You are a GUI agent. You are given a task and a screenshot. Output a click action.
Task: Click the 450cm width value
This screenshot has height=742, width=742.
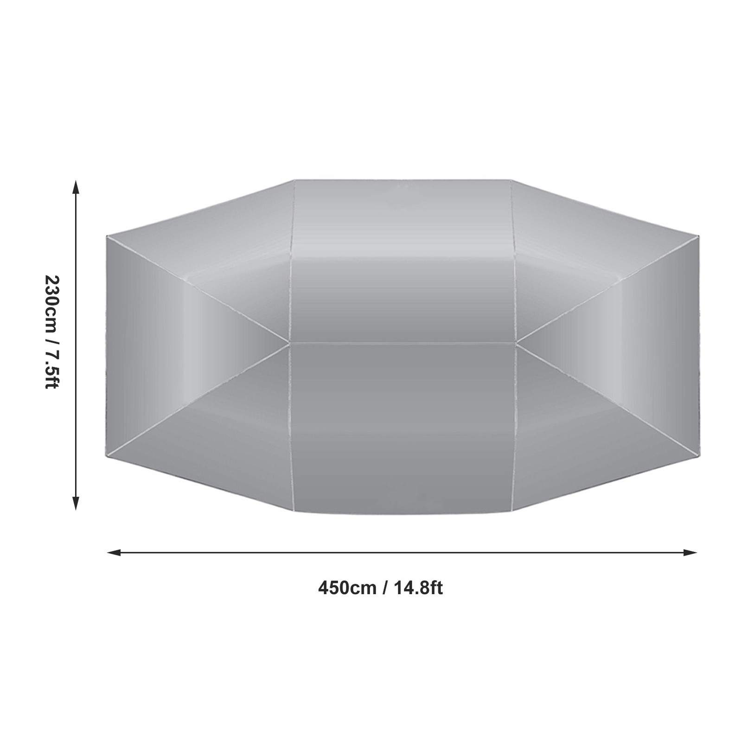pos(347,588)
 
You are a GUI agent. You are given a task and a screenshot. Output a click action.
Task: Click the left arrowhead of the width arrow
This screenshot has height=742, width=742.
pos(114,552)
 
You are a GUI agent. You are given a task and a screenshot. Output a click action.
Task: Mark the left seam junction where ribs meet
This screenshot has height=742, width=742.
pos(289,344)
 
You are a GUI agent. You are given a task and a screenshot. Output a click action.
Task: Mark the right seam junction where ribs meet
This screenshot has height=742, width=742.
pos(516,343)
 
